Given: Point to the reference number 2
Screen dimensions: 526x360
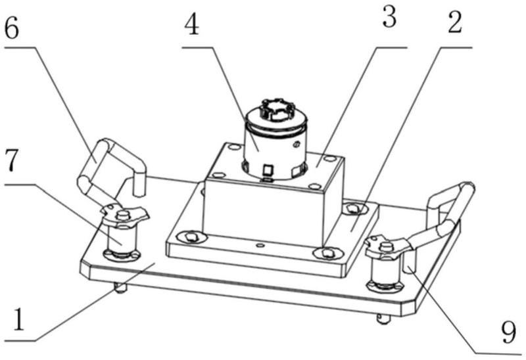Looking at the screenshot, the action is pos(454,24).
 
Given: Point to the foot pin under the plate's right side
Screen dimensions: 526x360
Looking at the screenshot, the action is pos(383,319).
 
